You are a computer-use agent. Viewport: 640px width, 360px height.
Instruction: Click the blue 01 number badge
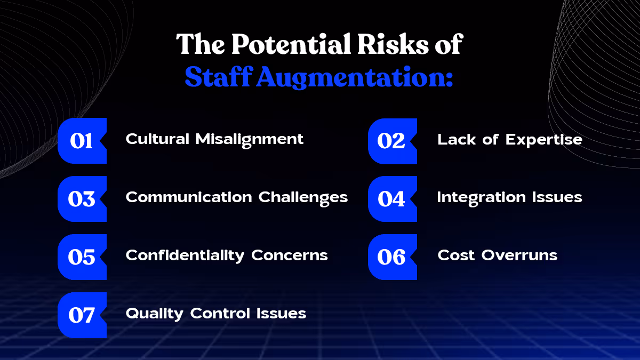pyautogui.click(x=82, y=141)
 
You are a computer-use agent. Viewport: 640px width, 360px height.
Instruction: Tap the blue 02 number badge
pyautogui.click(x=392, y=141)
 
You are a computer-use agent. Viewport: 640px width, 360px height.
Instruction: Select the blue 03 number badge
pyautogui.click(x=82, y=199)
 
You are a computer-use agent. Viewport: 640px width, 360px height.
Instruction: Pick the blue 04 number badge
pyautogui.click(x=392, y=199)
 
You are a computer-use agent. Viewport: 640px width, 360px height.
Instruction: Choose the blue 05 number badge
pyautogui.click(x=82, y=257)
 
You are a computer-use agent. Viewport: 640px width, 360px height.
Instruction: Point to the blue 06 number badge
pyautogui.click(x=392, y=257)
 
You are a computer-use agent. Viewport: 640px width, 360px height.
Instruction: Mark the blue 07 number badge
pyautogui.click(x=82, y=315)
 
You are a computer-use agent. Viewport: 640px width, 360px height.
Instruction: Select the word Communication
pyautogui.click(x=189, y=197)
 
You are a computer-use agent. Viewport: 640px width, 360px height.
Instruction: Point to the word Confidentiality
pyautogui.click(x=186, y=255)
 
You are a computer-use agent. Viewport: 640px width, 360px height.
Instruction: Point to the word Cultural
pyautogui.click(x=158, y=139)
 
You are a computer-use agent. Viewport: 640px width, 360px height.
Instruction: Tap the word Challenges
pyautogui.click(x=303, y=197)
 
